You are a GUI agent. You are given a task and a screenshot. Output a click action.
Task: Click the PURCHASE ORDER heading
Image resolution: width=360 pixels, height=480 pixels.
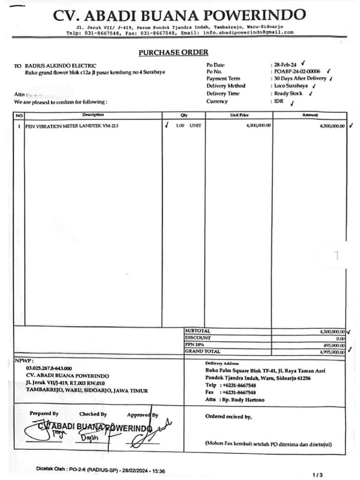pos(173,52)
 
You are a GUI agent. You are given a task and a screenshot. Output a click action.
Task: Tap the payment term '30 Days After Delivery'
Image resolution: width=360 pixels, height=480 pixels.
pos(300,79)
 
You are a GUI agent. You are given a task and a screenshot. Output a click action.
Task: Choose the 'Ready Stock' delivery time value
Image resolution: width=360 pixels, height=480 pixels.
pos(288,94)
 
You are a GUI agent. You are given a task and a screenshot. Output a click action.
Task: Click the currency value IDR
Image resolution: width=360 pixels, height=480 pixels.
pos(279,101)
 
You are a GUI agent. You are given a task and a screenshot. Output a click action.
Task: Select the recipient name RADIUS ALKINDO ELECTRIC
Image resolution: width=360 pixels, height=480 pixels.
pos(61,66)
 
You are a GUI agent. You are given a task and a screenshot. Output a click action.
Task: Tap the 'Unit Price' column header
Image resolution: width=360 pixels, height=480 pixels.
pos(239,115)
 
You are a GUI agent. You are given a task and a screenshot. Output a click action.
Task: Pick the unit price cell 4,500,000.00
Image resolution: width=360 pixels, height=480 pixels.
pos(258,126)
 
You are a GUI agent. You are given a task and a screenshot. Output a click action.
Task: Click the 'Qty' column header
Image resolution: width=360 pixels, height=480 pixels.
pos(184,115)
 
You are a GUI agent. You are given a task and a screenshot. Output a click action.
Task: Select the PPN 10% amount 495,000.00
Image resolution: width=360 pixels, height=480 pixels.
pos(332,345)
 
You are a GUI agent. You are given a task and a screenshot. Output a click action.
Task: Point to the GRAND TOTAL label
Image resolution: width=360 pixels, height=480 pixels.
pos(202,351)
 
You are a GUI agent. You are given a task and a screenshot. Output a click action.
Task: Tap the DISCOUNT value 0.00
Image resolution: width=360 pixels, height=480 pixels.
pos(340,338)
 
